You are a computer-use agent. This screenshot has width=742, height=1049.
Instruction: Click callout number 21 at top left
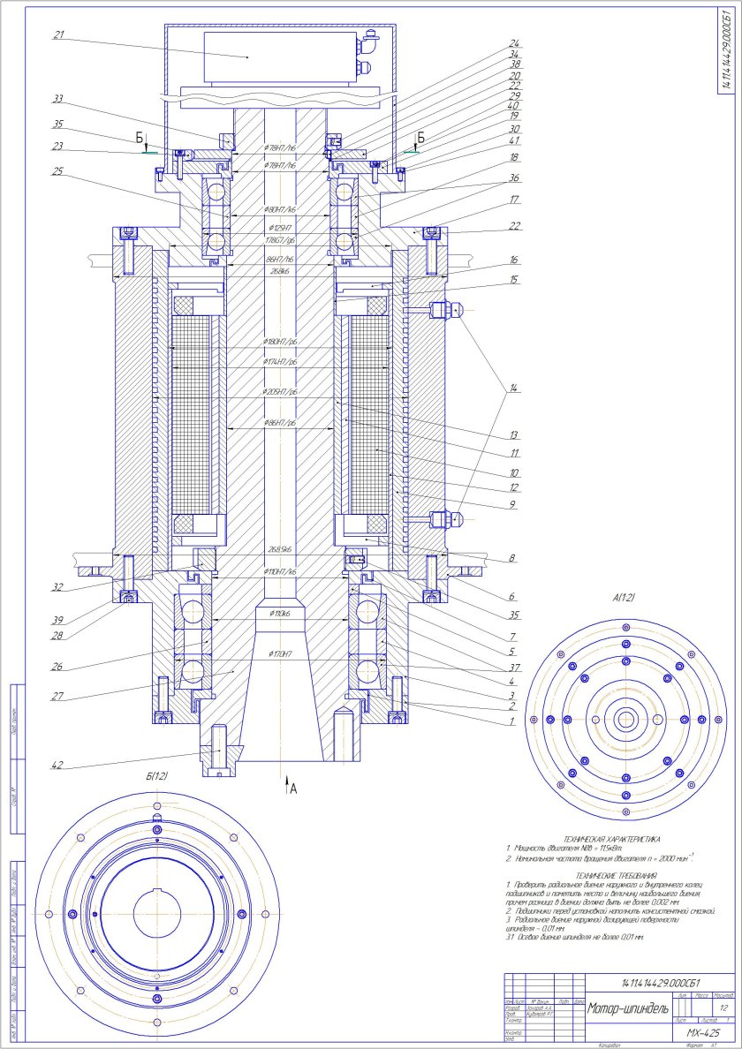tap(60, 36)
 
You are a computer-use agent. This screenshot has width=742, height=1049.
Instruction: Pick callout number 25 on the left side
tap(58, 173)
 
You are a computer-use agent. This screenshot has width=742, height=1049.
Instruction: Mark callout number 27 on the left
tap(58, 697)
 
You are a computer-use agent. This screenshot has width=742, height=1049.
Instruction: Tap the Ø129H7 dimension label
tap(281, 227)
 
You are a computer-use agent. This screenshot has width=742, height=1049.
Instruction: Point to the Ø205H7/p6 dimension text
tap(281, 391)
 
